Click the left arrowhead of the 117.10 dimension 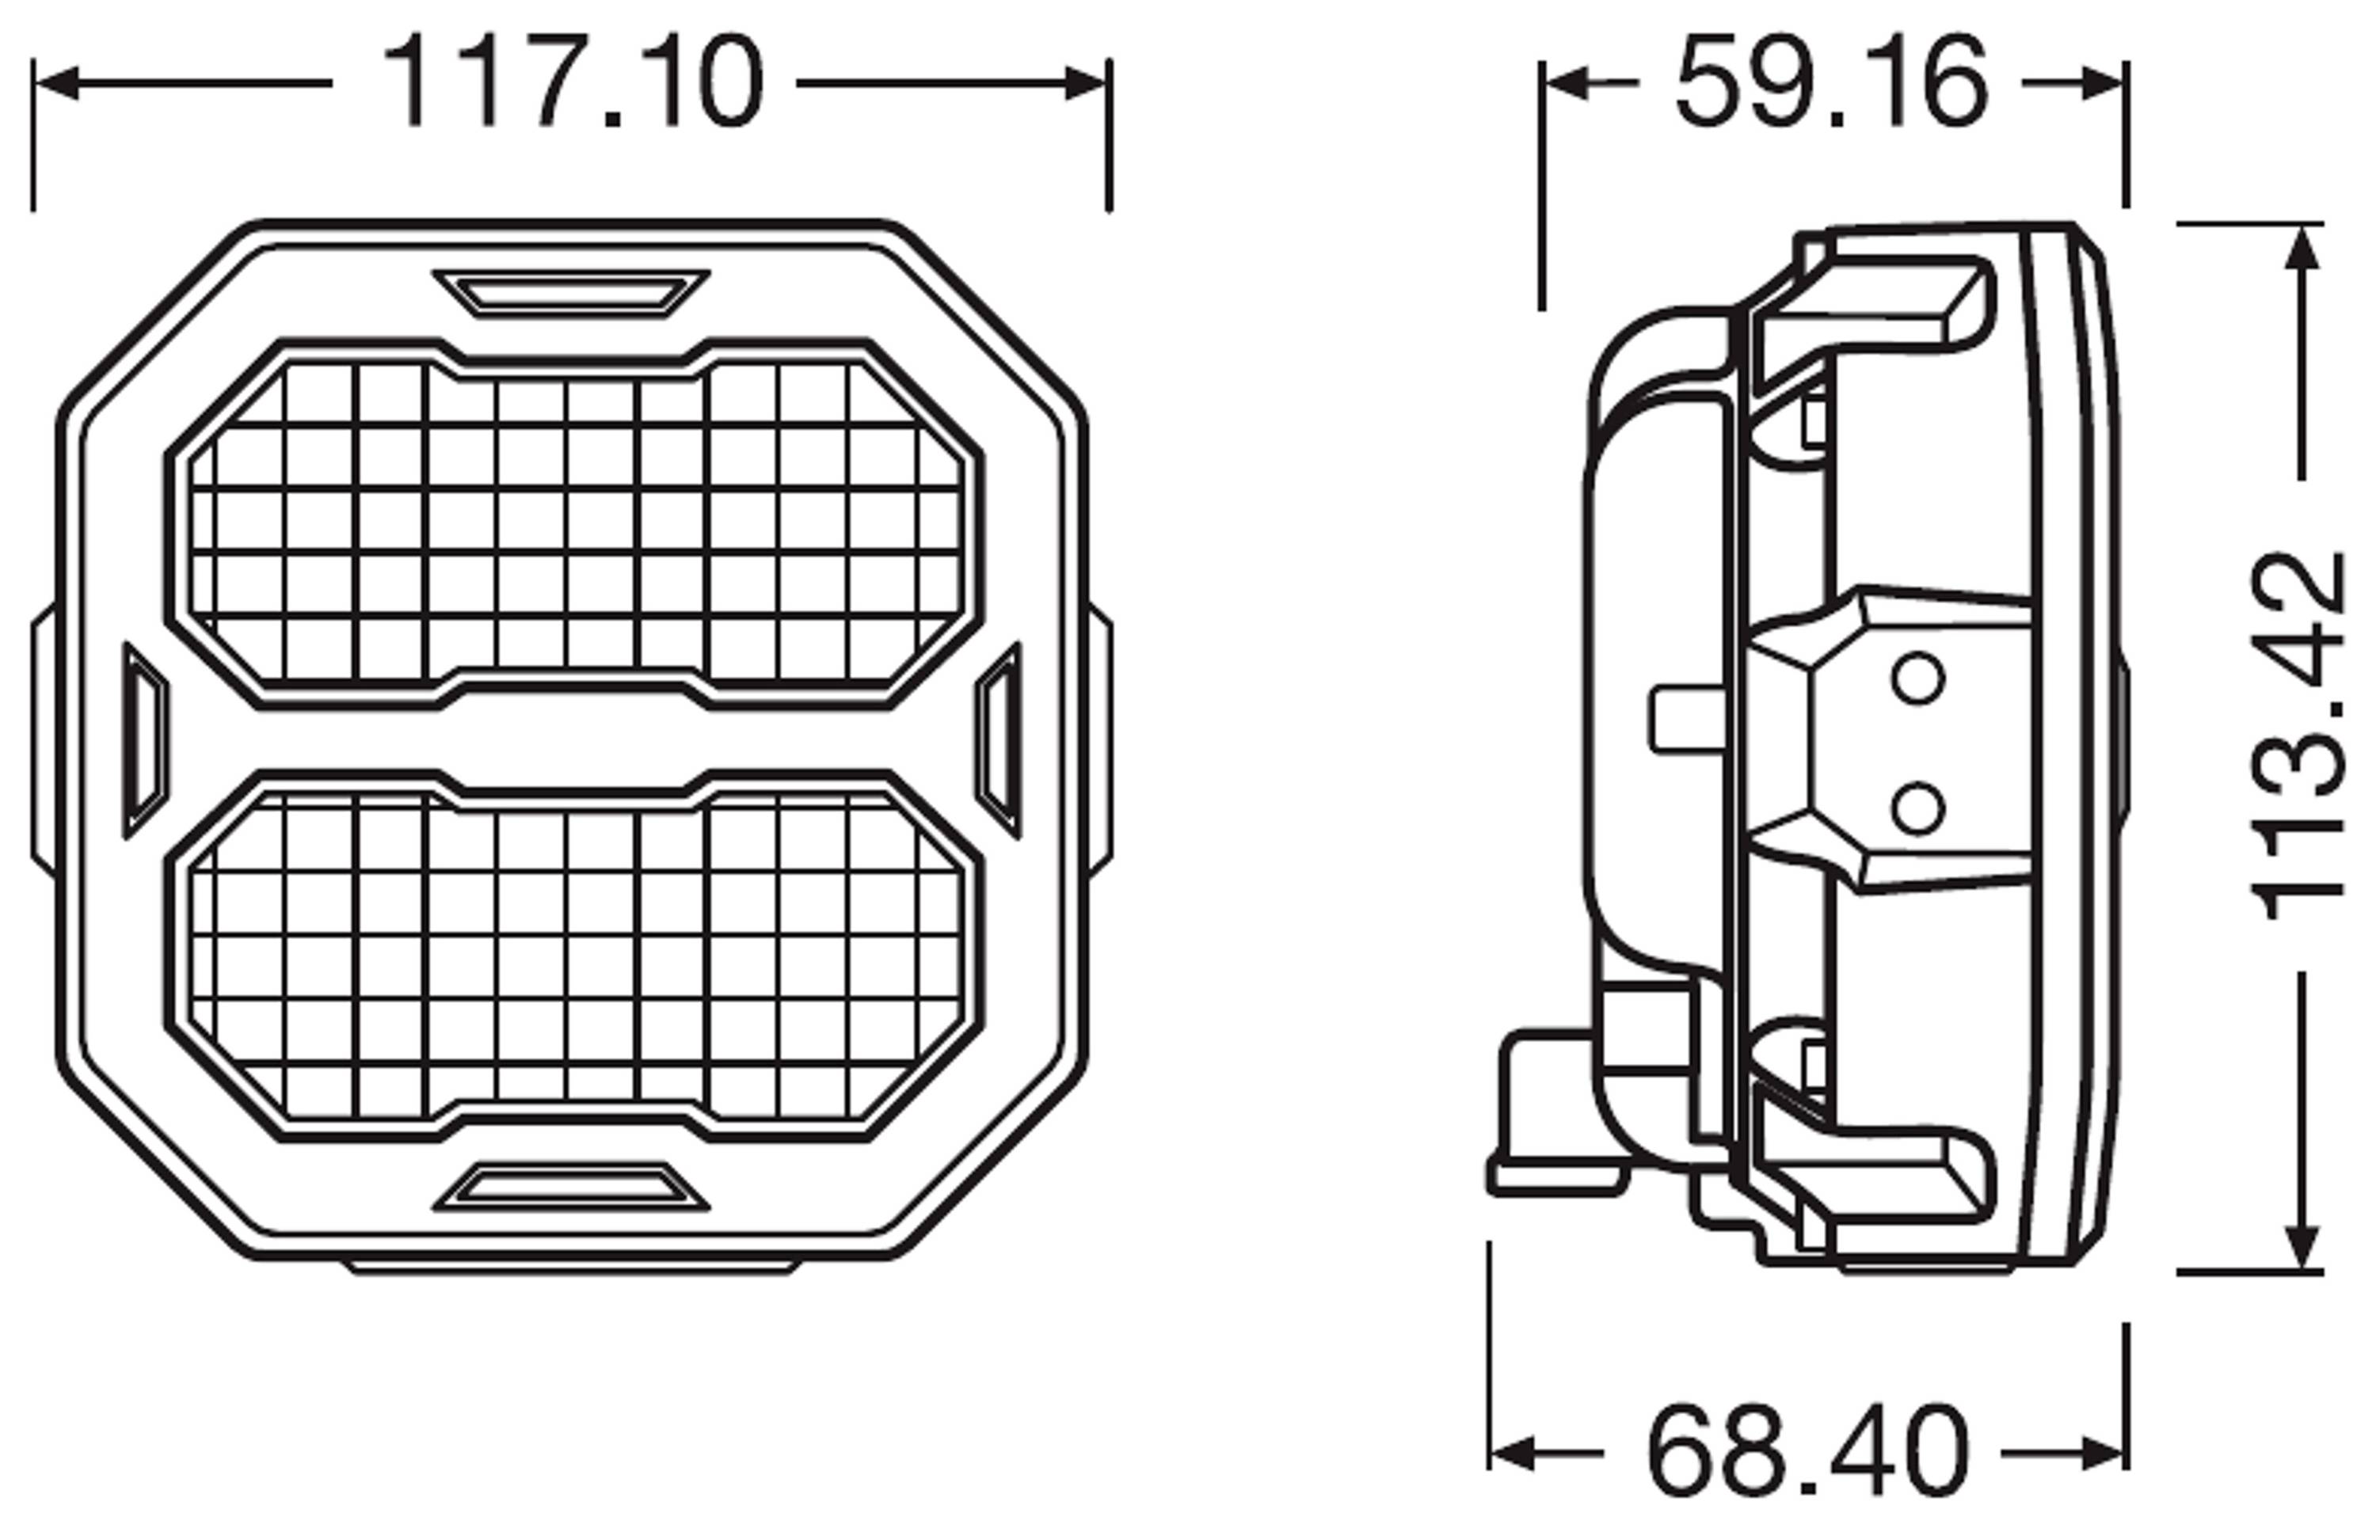coord(55,83)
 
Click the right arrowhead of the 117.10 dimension coord(1086,83)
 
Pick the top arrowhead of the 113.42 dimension coord(2302,248)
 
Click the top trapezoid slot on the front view coord(571,293)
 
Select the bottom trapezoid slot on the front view coord(571,1187)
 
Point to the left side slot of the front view coord(145,740)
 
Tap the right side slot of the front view coord(999,739)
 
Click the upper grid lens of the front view coord(573,523)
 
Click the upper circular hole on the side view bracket coord(1917,679)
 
